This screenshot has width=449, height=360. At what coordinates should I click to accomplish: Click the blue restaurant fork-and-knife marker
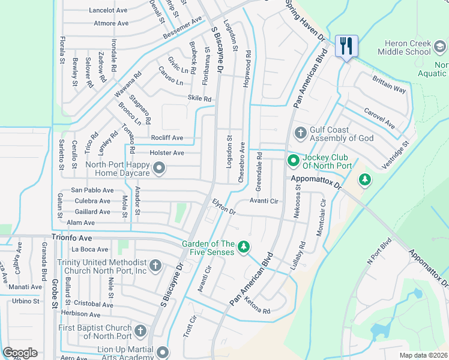[x=346, y=46]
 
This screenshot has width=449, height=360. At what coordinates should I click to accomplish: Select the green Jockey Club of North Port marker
[x=293, y=160]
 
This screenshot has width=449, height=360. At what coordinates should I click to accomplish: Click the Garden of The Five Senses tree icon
[x=244, y=247]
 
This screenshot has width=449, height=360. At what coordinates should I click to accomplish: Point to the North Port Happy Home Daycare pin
[x=158, y=170]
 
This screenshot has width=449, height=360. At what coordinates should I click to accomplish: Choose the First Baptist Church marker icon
[x=140, y=331]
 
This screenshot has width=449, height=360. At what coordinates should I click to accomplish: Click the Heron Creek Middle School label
[x=413, y=47]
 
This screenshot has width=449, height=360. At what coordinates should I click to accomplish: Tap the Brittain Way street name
[x=389, y=85]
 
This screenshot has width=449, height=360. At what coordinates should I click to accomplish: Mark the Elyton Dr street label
[x=223, y=207]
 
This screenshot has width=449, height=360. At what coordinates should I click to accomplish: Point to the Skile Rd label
[x=199, y=99]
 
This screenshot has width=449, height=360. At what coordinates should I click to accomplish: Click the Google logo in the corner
[x=20, y=353]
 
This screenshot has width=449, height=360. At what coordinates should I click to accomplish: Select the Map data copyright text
[x=424, y=355]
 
